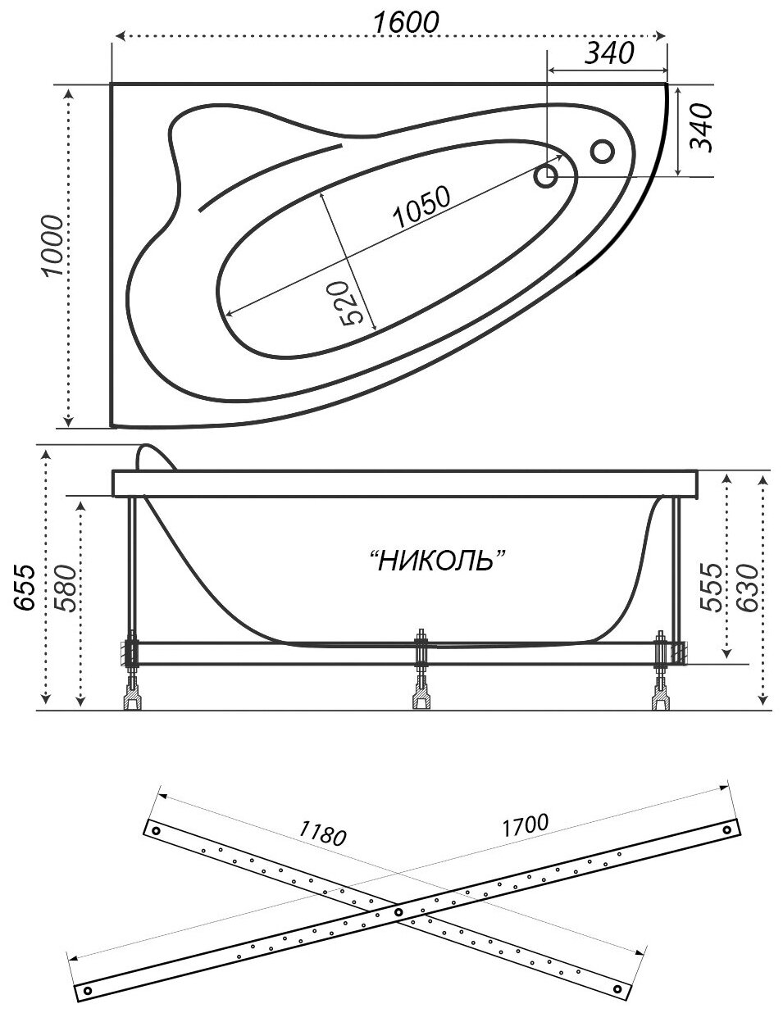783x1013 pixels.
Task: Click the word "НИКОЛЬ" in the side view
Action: (x=436, y=561)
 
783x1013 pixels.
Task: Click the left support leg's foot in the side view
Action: (x=132, y=699)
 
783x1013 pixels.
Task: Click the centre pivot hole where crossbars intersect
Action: (x=398, y=910)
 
